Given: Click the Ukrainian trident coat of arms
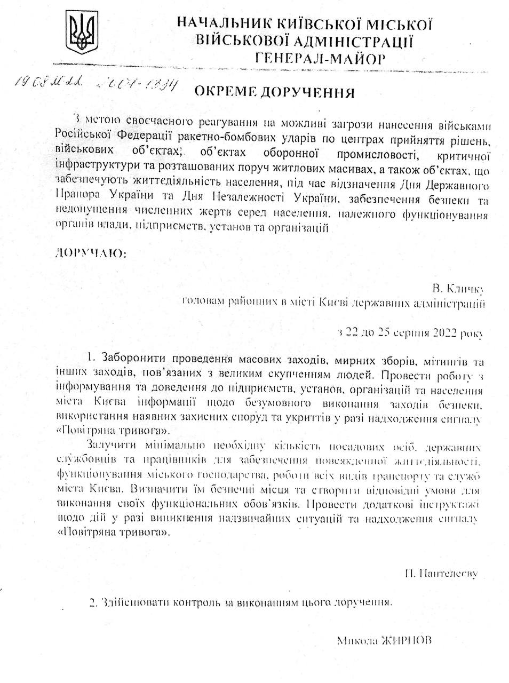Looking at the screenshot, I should pyautogui.click(x=83, y=33).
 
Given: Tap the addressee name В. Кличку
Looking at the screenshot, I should pyautogui.click(x=458, y=289).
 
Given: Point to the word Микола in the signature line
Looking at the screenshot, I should pyautogui.click(x=356, y=640).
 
